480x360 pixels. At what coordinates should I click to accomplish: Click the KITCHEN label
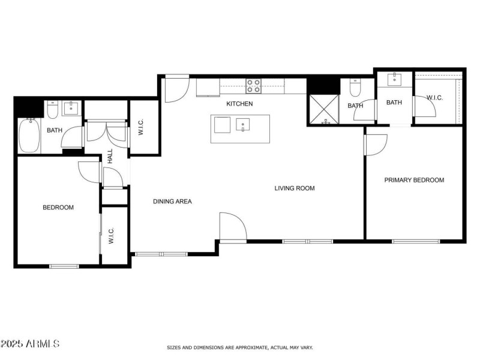[239, 104]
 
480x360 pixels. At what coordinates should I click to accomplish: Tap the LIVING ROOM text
[295, 188]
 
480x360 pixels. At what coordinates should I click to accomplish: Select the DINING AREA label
[172, 202]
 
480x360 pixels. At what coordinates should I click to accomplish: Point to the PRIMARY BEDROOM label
[414, 180]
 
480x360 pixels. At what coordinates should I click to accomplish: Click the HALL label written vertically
[110, 157]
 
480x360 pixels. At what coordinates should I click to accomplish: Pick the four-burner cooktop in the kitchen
[253, 86]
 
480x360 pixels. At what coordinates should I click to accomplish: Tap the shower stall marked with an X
[324, 110]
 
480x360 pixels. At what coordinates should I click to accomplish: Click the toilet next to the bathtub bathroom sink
[52, 110]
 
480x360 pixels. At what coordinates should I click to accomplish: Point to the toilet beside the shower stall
[355, 89]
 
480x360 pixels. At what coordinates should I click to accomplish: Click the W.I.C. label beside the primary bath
[434, 97]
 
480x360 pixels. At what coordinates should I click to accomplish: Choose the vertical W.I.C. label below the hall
[111, 235]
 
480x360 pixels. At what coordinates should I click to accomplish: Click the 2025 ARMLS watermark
[30, 344]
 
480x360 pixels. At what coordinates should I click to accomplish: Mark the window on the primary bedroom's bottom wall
[416, 241]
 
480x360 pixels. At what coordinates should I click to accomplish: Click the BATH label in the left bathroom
[55, 130]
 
